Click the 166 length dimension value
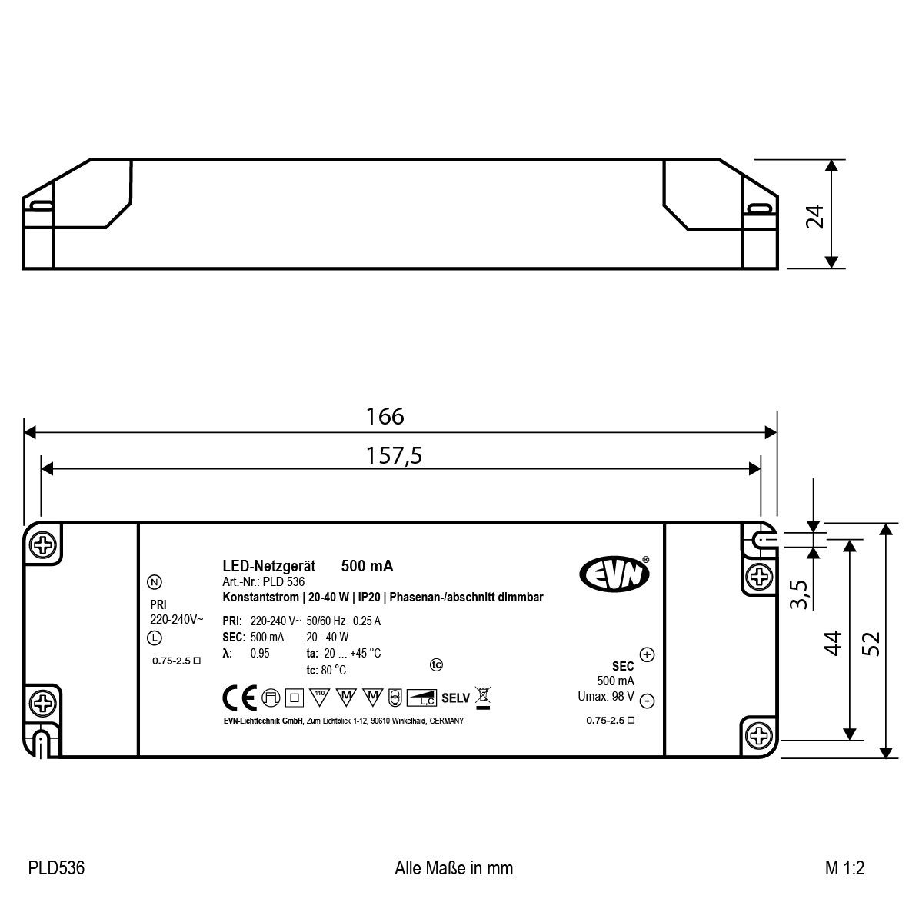pyautogui.click(x=385, y=416)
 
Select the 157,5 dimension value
pyautogui.click(x=395, y=456)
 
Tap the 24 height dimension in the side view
pyautogui.click(x=815, y=215)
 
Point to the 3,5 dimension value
pyautogui.click(x=799, y=595)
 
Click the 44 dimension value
pyautogui.click(x=834, y=642)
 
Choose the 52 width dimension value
pyautogui.click(x=871, y=642)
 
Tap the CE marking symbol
pyautogui.click(x=239, y=698)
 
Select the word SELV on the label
pyautogui.click(x=456, y=698)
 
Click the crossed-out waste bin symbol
pyautogui.click(x=484, y=697)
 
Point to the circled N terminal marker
pyautogui.click(x=155, y=582)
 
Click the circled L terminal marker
pyautogui.click(x=155, y=638)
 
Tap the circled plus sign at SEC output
pyautogui.click(x=647, y=654)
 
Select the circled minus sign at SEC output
pyautogui.click(x=647, y=701)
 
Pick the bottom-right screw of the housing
pyautogui.click(x=759, y=736)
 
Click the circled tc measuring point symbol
pyautogui.click(x=437, y=664)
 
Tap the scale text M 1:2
pyautogui.click(x=844, y=868)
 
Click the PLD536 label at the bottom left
pyautogui.click(x=56, y=868)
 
